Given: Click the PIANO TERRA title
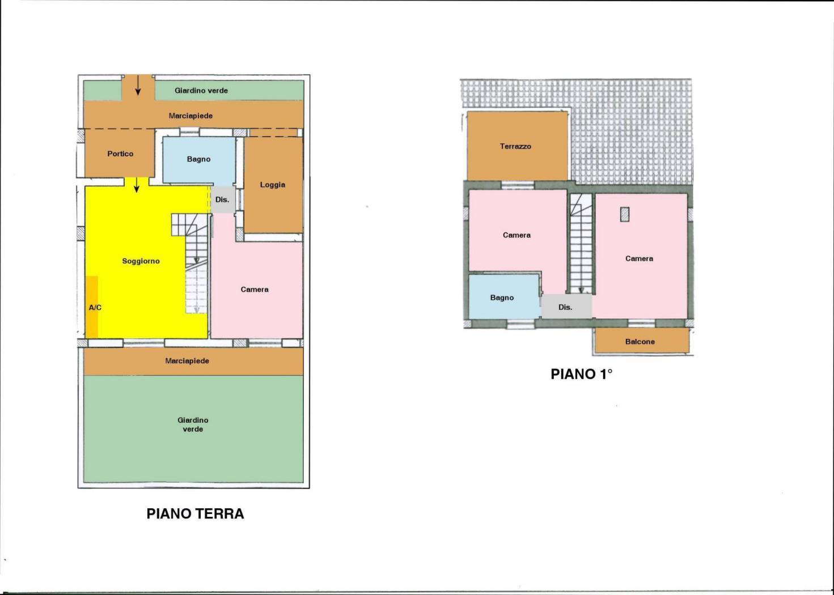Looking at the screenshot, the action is coord(195,514).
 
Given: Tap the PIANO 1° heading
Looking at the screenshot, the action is coord(582,374).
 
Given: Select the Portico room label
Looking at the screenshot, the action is coord(120,154).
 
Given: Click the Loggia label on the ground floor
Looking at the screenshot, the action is coord(273,185).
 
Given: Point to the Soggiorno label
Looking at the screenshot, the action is coord(141,261).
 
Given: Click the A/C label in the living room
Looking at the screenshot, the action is coord(95,307).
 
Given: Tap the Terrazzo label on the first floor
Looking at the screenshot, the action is coord(515,146).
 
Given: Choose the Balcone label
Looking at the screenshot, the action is coord(640,342).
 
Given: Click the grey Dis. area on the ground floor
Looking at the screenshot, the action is coord(223,199).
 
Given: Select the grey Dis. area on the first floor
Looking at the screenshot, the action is coord(566,306).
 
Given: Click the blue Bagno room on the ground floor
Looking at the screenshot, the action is coord(199,160).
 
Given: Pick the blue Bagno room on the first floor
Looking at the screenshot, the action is coord(504,296).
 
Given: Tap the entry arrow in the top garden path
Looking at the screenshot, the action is coord(138,85).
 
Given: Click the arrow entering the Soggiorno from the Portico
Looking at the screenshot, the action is coord(137,185).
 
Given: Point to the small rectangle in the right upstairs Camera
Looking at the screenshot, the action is coord(625,214).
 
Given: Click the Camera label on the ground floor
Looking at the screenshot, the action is coord(255,290).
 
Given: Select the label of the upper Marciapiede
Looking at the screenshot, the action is coord(190,116).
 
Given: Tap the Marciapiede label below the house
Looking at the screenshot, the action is coord(187,361).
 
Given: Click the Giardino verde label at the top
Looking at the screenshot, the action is coord(201,91).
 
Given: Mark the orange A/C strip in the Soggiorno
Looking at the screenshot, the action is coord(92,307).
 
